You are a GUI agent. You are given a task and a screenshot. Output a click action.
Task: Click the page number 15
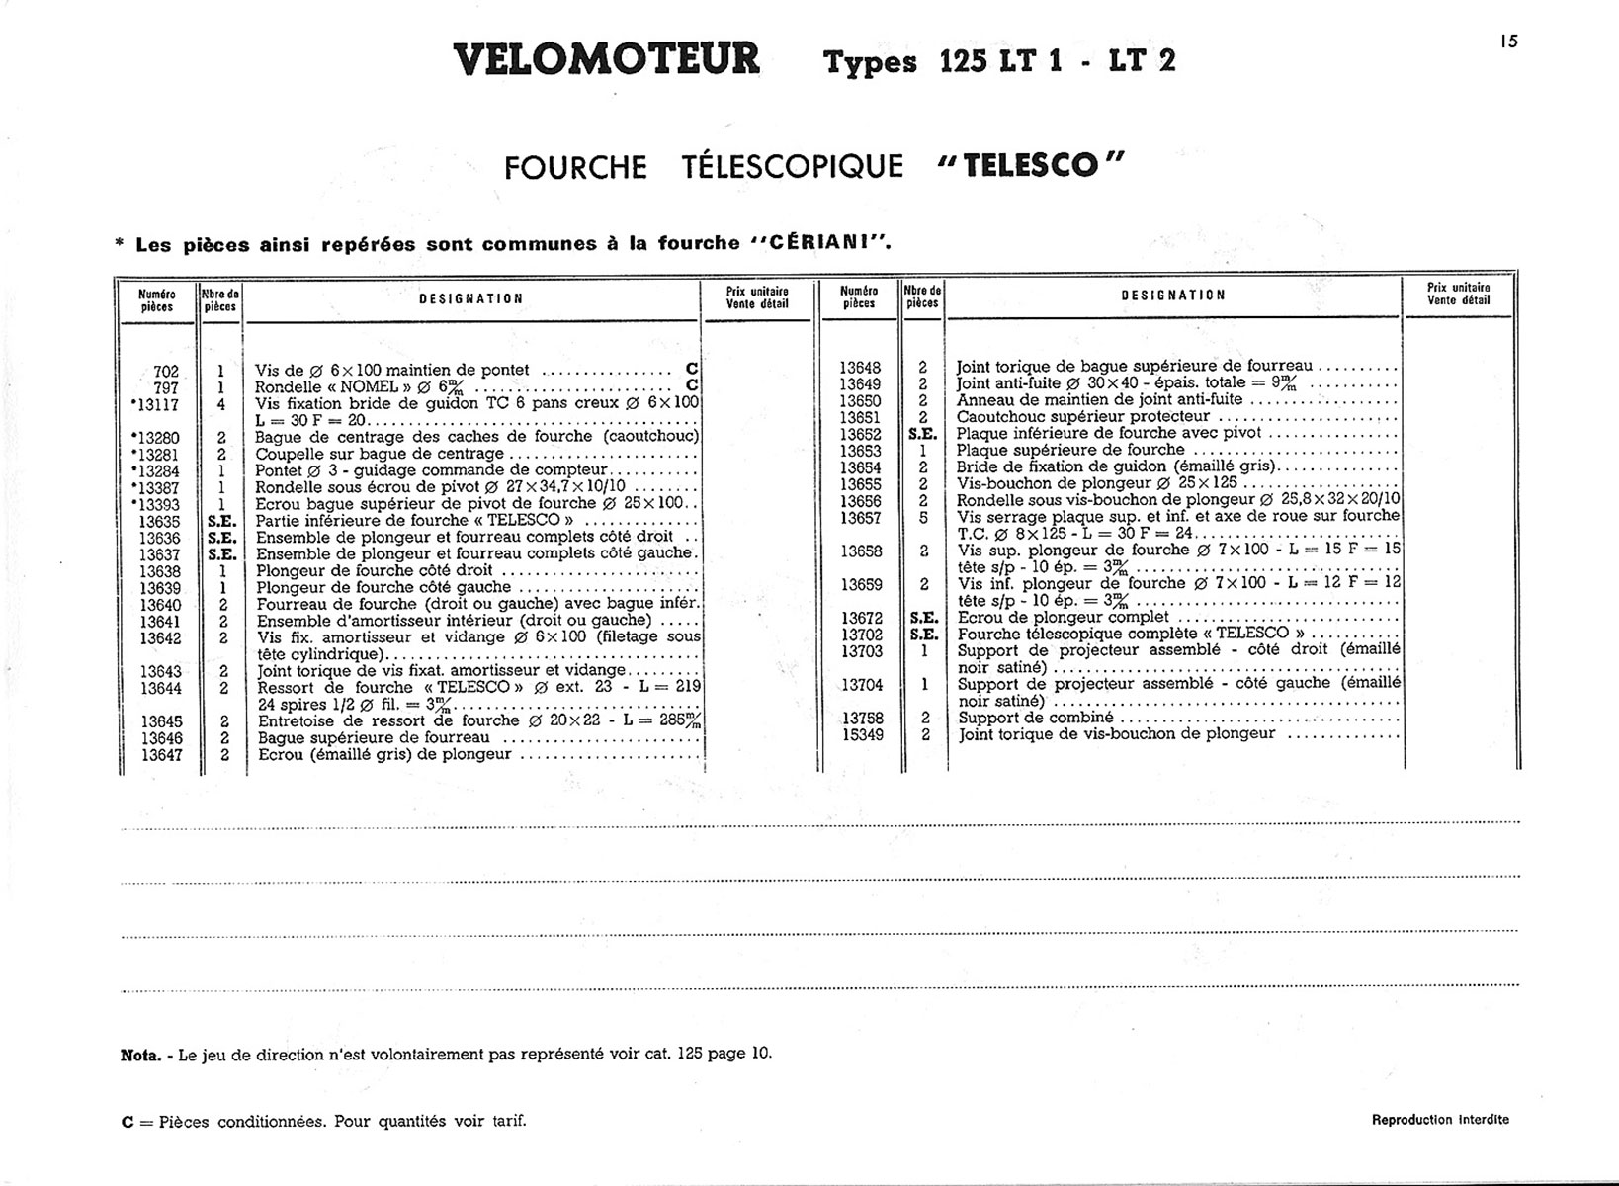[1507, 42]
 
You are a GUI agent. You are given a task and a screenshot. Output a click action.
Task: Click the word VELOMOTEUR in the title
[607, 60]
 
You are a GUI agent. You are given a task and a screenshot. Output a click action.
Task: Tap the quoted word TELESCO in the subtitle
[1031, 165]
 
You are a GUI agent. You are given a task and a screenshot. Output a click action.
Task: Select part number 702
[165, 372]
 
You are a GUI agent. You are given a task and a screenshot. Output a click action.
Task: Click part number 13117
[155, 405]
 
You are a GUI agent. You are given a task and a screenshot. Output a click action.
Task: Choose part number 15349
[861, 735]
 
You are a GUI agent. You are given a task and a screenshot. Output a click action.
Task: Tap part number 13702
[861, 635]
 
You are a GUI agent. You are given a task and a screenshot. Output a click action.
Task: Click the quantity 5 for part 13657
[923, 517]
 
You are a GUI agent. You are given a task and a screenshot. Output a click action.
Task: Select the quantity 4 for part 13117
[221, 405]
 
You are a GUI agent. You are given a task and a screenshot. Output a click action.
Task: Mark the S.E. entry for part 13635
[221, 521]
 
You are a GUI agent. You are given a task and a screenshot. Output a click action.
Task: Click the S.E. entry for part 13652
[922, 434]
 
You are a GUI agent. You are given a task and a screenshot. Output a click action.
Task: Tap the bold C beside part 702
[692, 370]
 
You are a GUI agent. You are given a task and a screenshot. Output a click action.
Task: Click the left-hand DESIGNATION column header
[471, 298]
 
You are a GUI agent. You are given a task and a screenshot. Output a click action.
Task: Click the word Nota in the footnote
[139, 1055]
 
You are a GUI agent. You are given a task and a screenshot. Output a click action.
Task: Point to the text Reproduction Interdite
[1440, 1120]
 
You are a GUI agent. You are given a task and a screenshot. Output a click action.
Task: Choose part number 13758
[861, 719]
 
